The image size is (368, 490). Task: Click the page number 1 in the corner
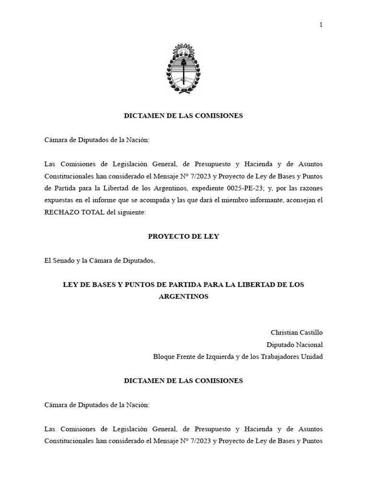click(x=321, y=25)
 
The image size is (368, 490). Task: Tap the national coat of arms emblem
click(x=184, y=69)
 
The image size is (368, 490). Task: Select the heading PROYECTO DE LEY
click(x=184, y=236)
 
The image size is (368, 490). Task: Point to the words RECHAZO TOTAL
click(x=74, y=212)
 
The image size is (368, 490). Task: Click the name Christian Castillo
click(x=297, y=332)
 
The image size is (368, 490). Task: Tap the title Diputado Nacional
click(x=295, y=345)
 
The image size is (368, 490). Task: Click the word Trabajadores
click(x=276, y=357)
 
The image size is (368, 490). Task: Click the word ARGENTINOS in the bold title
click(x=184, y=297)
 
